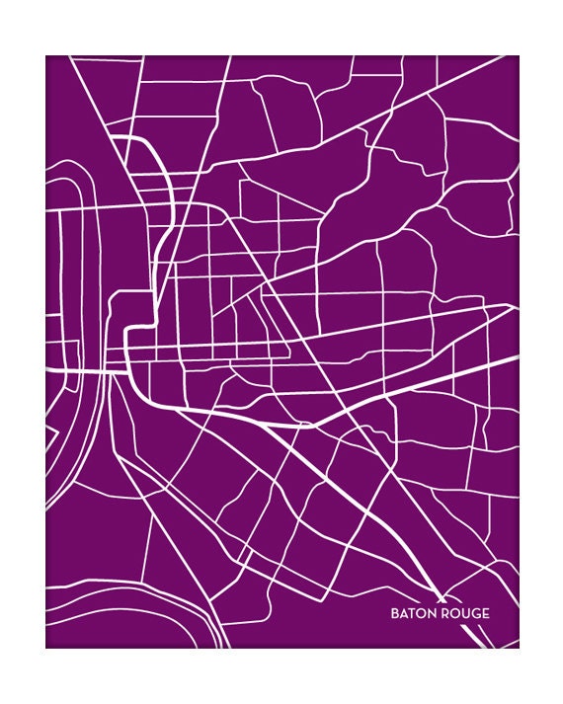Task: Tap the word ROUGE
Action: (x=464, y=613)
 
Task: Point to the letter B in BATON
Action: (x=395, y=613)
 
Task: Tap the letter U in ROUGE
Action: (x=464, y=613)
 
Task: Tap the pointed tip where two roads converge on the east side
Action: (x=514, y=307)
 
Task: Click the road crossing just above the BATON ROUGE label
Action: (x=434, y=584)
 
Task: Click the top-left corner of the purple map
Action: (x=45, y=55)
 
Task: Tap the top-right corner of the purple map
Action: (x=519, y=55)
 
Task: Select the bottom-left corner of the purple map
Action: (x=45, y=648)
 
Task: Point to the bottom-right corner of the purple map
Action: (x=519, y=648)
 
